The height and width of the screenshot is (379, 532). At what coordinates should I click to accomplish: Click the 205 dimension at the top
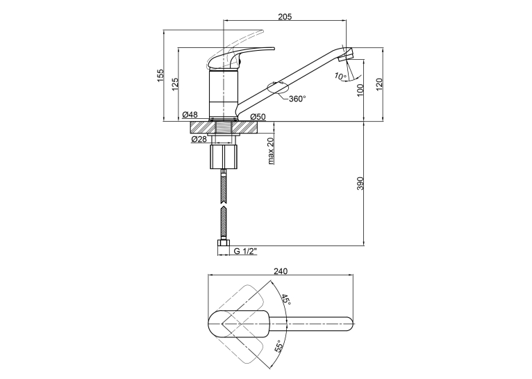click(x=285, y=16)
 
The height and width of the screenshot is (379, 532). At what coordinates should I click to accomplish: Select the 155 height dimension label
click(x=160, y=76)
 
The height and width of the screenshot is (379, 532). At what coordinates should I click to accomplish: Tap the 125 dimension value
click(x=175, y=84)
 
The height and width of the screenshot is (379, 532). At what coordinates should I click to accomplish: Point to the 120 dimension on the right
click(x=379, y=84)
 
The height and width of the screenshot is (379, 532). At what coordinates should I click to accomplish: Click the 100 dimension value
click(x=360, y=90)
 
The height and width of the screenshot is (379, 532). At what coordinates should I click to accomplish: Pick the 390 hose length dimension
click(x=360, y=184)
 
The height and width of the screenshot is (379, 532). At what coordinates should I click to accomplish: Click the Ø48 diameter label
click(x=190, y=115)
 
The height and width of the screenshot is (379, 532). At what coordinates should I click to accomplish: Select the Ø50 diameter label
click(x=258, y=117)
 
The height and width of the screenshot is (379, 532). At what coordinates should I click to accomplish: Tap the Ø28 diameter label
click(x=199, y=139)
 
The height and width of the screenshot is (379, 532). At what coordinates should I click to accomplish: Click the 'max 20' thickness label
click(x=271, y=151)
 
